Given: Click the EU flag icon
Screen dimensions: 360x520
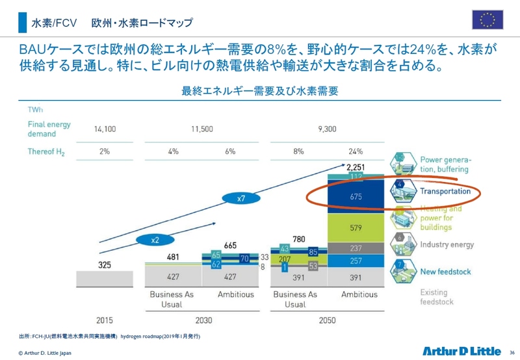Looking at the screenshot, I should click(x=487, y=20).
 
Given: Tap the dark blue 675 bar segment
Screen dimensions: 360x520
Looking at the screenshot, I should click(x=356, y=196).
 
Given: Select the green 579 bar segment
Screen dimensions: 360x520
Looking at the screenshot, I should click(x=356, y=228).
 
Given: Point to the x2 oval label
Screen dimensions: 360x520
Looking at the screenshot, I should click(x=155, y=240).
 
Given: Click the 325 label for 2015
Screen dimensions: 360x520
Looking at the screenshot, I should click(x=105, y=264).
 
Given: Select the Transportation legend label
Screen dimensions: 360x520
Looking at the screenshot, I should click(x=445, y=192).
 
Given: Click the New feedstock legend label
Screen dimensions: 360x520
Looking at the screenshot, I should click(x=445, y=271).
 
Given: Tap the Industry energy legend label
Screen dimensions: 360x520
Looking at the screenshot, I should click(x=447, y=244).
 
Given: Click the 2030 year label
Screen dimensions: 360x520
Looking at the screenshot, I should click(x=203, y=320).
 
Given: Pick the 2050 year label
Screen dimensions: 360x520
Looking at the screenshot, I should click(x=327, y=320).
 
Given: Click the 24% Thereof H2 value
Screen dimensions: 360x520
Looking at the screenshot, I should click(x=356, y=151).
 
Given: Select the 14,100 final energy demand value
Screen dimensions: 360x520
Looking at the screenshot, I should click(x=105, y=129).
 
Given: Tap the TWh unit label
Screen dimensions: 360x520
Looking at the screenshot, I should click(x=36, y=110).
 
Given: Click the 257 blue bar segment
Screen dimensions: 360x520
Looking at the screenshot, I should click(x=356, y=261).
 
